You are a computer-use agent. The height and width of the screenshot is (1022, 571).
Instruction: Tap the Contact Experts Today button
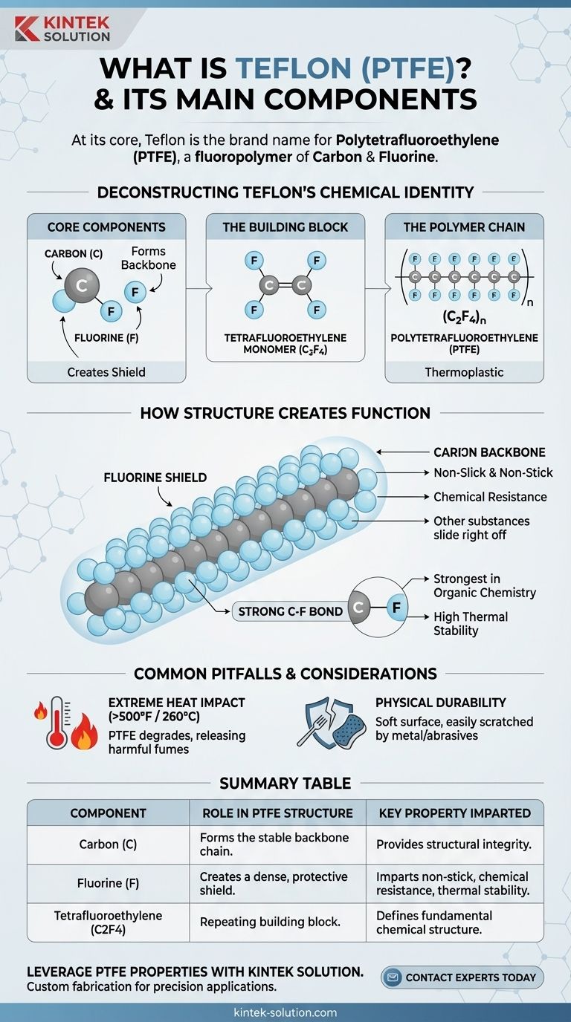click(x=462, y=977)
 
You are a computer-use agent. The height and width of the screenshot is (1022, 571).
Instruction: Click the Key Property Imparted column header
click(x=454, y=813)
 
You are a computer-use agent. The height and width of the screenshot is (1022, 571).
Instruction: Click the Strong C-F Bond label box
click(x=290, y=611)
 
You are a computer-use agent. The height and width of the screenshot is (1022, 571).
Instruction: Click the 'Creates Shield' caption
click(x=107, y=371)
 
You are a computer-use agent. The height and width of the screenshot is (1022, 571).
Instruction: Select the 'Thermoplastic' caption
click(x=464, y=371)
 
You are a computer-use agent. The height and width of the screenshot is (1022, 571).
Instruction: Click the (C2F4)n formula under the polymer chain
click(x=464, y=316)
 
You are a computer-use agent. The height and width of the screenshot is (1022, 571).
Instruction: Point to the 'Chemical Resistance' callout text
click(x=490, y=497)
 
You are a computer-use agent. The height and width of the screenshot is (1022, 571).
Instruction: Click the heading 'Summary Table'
click(x=285, y=783)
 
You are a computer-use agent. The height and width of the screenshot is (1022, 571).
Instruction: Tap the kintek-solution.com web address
click(x=285, y=1012)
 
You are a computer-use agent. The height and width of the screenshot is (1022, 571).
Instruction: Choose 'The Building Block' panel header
click(x=285, y=227)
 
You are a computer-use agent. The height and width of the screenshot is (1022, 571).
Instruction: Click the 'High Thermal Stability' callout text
click(x=471, y=623)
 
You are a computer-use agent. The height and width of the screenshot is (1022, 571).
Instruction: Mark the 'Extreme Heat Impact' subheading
click(x=176, y=702)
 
